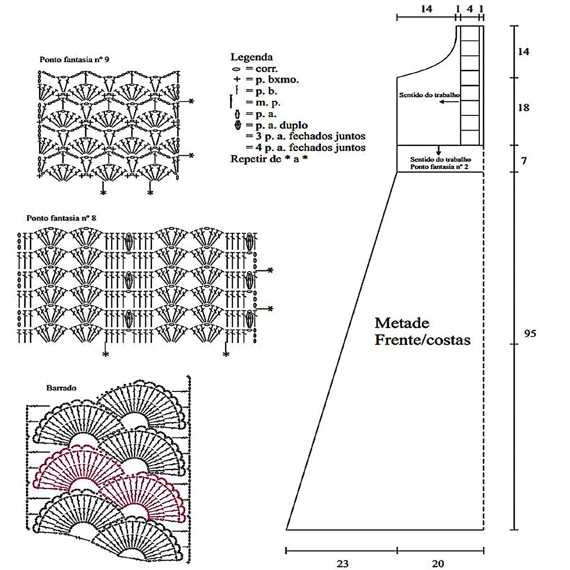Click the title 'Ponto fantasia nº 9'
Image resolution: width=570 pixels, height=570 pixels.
coord(74,60)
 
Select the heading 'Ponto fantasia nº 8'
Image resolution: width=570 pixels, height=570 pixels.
coord(61,218)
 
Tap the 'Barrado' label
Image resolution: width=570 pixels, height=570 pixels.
coord(61,388)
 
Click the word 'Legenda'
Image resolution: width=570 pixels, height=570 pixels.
coord(251,57)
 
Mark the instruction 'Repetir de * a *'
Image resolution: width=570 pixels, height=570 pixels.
coord(269,159)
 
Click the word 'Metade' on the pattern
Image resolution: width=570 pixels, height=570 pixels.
coord(402,323)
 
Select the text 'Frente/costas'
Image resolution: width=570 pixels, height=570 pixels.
coord(422,340)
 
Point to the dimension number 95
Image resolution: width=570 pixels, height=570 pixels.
coord(530,333)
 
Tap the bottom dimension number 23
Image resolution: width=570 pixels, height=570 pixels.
coord(342,564)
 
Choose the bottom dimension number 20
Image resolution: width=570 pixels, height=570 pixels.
coord(438,564)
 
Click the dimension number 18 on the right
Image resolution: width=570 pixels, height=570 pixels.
coord(523,108)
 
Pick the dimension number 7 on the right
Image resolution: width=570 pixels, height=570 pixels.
coord(523,161)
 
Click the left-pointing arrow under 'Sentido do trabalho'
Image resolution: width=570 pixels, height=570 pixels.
coord(448,102)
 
